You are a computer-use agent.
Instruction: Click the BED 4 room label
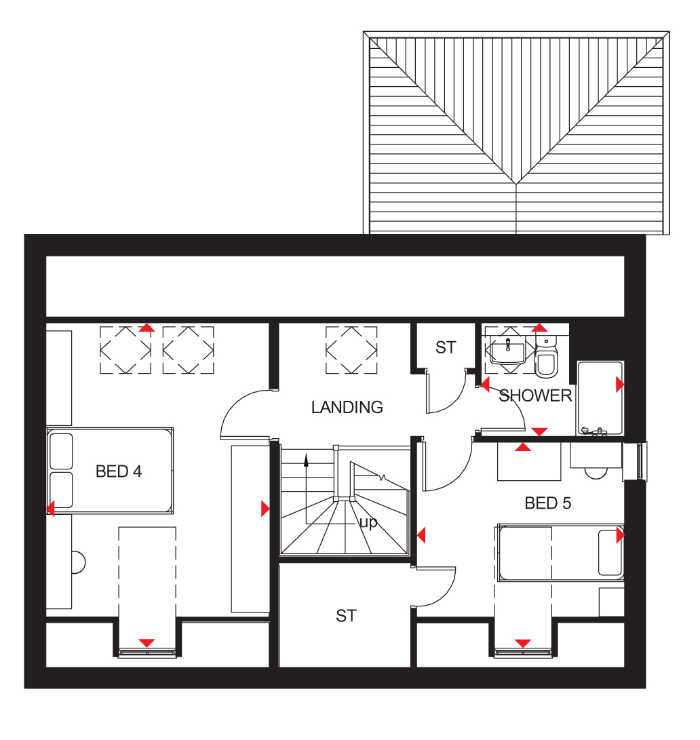click(119, 471)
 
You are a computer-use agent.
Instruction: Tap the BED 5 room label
click(547, 503)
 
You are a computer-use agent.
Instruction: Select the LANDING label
click(347, 407)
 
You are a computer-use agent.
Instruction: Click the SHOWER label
click(535, 395)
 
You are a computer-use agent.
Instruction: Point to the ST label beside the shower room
click(446, 347)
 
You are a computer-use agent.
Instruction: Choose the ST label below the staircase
click(346, 615)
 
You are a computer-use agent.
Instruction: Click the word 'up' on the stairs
click(368, 523)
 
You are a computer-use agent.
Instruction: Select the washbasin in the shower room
click(507, 351)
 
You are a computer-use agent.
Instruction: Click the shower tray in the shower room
click(600, 398)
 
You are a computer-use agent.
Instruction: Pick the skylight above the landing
click(351, 351)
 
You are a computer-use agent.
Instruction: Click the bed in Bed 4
click(109, 471)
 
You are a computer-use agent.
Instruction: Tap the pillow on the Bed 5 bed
click(610, 553)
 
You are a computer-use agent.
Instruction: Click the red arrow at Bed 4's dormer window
click(147, 643)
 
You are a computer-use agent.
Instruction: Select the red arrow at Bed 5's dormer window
click(522, 643)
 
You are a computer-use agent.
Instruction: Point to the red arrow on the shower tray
click(620, 385)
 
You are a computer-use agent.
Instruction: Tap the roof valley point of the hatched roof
click(516, 183)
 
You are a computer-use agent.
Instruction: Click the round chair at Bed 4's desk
click(79, 562)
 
